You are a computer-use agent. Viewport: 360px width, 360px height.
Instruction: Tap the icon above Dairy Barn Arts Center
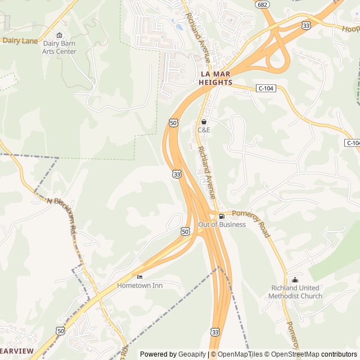[x=60, y=35]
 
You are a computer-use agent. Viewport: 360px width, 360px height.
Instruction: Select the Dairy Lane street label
[x=20, y=40]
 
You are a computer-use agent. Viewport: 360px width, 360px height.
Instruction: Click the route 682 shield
[x=262, y=4]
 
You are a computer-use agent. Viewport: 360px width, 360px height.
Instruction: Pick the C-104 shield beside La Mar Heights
[x=266, y=88]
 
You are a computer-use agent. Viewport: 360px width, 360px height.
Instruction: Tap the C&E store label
[x=204, y=130]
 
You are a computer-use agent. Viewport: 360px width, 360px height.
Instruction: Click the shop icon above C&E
[x=204, y=121]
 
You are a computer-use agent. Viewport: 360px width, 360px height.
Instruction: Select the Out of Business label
[x=222, y=224]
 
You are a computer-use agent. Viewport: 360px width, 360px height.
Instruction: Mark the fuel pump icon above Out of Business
[x=222, y=216]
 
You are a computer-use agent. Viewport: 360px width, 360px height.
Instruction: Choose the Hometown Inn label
[x=139, y=285]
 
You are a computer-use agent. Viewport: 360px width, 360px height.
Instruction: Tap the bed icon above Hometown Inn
[x=139, y=277]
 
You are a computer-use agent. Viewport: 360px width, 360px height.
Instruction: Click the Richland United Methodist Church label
[x=295, y=292]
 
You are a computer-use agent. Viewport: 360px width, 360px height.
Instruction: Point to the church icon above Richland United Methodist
[x=295, y=280]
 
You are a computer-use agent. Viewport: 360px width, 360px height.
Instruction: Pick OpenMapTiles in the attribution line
[x=240, y=354]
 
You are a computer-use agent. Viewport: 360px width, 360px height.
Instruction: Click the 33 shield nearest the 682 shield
[x=306, y=25]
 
